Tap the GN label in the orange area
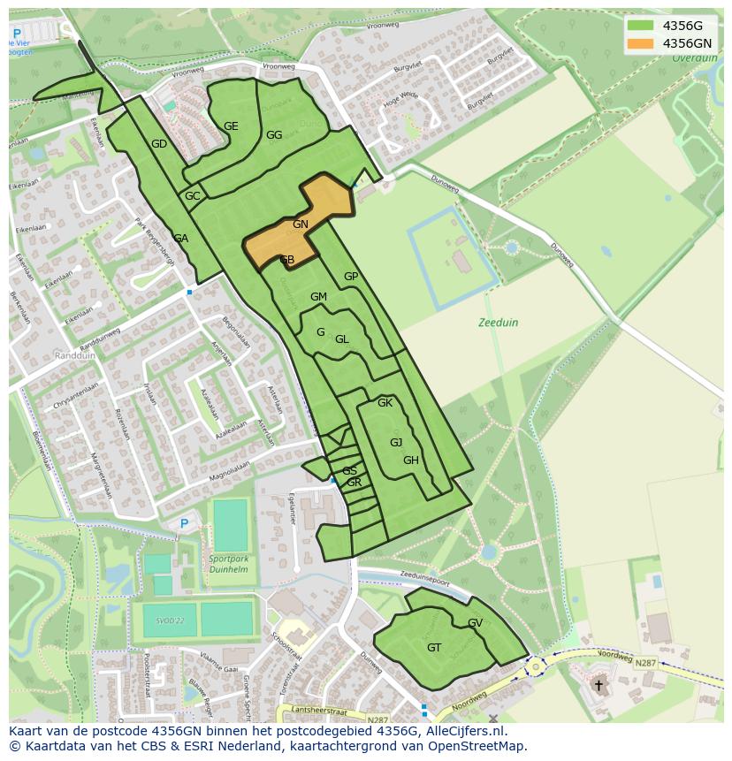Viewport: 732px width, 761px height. point(301,224)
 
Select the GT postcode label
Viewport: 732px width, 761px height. point(434,647)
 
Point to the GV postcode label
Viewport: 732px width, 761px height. point(476,623)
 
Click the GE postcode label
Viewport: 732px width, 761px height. point(231,126)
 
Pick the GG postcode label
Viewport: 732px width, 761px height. point(274,135)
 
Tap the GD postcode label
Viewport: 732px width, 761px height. point(159,144)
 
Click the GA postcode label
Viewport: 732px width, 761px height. point(181,239)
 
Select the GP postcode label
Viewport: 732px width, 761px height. point(351,277)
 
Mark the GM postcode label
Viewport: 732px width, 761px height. point(318,297)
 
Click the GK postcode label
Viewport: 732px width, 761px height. point(385,403)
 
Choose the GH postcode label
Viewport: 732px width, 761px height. point(411,460)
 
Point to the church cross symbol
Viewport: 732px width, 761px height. point(599,685)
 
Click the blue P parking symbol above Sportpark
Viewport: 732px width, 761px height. point(184,524)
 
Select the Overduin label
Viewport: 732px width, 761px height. point(694,58)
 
